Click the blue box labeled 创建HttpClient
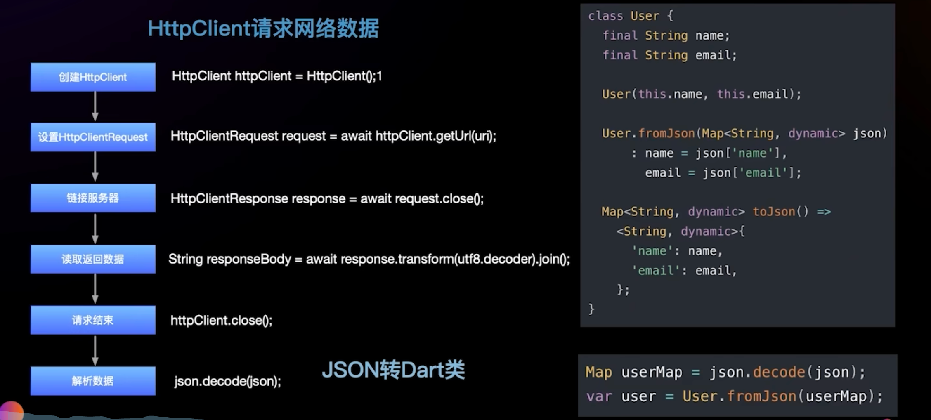coord(93,77)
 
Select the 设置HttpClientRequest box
coord(93,137)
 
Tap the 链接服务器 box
coord(93,198)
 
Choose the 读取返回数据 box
coord(93,259)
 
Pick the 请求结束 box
coord(93,320)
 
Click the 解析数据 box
coord(93,381)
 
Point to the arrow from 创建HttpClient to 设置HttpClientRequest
coord(95,106)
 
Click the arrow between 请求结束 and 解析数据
coord(95,350)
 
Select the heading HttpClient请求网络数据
coord(263,28)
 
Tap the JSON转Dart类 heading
coord(393,370)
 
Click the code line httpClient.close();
coord(222,321)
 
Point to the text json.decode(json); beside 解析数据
coord(227,381)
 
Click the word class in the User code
coord(605,16)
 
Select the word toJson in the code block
coord(774,212)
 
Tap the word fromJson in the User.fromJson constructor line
coord(666,134)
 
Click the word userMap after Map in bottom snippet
coord(652,372)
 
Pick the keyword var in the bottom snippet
coord(599,396)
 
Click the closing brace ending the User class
coord(591,309)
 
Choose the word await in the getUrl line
coord(356,136)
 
